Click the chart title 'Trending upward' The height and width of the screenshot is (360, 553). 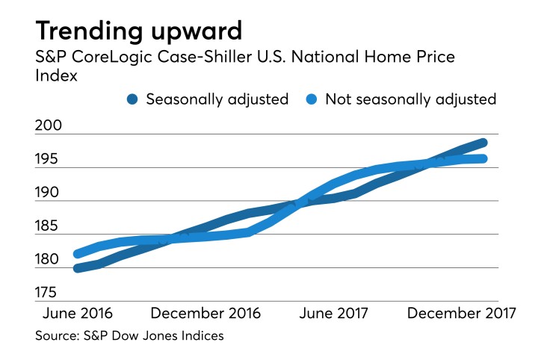pos(139,31)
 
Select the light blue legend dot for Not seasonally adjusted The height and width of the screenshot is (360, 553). pos(312,99)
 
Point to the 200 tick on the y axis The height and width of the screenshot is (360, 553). pos(51,126)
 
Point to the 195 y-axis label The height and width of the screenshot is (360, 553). pos(51,160)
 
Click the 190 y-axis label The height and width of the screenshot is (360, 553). pos(51,193)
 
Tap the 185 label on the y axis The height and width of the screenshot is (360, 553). pos(51,226)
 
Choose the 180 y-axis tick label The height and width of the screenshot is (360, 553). pos(51,260)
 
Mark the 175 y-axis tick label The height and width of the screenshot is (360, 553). pos(51,293)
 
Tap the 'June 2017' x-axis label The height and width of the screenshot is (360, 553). pos(334,312)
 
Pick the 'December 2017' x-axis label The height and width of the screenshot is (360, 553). pos(461,312)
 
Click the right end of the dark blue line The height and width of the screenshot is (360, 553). pos(484,143)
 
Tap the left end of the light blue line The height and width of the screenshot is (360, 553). pos(77,254)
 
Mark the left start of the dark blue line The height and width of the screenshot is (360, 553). pos(77,268)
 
